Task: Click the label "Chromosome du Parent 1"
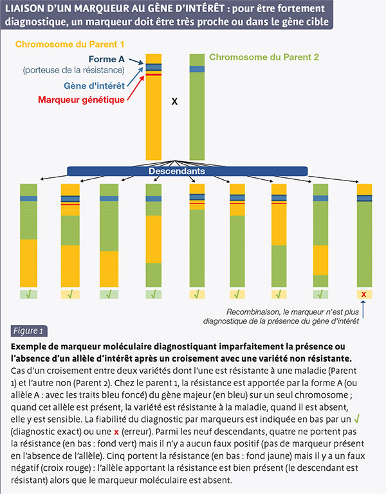pos(69,44)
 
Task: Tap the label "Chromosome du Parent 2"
pos(264,57)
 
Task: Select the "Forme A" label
pos(107,59)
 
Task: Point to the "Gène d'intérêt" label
pos(94,85)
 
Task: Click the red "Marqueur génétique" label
pos(82,100)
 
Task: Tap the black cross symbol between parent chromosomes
pos(174,101)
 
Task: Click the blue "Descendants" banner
pos(187,171)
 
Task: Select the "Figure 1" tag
pos(28,331)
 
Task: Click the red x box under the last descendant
pos(364,294)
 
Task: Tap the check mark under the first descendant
pos(28,294)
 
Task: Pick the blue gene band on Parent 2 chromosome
pos(197,69)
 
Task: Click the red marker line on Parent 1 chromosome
pos(153,75)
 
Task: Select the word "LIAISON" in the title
pos(23,8)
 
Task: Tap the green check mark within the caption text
pos(357,419)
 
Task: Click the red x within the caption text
pos(116,432)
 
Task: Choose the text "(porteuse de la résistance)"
pos(73,70)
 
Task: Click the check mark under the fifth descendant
pos(197,294)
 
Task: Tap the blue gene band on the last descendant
pos(364,198)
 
